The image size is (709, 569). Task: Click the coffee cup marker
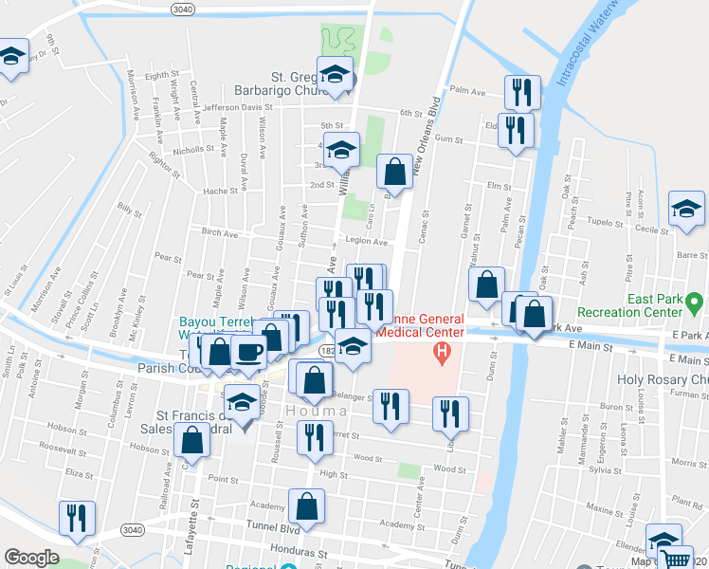pos(249,351)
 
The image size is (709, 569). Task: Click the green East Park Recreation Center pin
pos(697,303)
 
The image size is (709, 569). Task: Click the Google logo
pos(31,558)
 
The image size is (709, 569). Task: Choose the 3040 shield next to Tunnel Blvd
pos(131,529)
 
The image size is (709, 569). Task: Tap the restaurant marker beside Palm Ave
pos(521,93)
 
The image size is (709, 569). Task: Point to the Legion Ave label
pos(367,242)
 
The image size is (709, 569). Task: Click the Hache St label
pos(220,191)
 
